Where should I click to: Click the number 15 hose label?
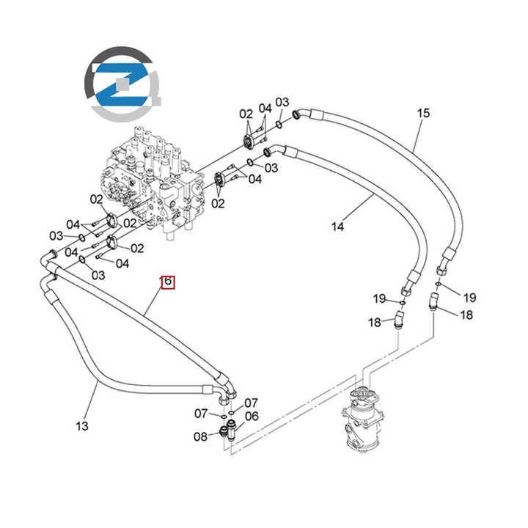tap(423, 113)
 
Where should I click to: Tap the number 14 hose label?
tap(337, 227)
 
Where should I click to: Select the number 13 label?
tap(81, 425)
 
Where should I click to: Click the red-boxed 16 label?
tap(167, 281)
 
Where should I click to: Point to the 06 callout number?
tap(252, 417)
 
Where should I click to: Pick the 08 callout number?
tap(201, 437)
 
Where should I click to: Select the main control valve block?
tap(150, 183)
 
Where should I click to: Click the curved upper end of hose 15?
tap(302, 114)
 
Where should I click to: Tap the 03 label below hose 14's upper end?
tap(271, 168)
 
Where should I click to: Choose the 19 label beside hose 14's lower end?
tap(379, 298)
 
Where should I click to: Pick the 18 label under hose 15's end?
tap(466, 315)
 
